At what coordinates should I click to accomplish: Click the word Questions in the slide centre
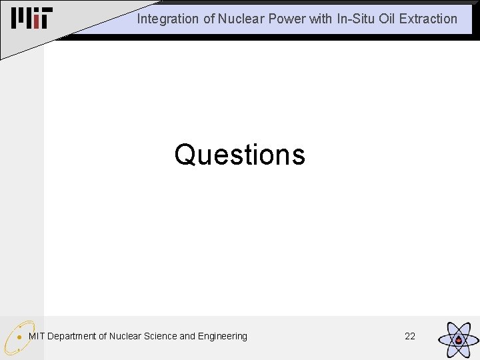[239, 155]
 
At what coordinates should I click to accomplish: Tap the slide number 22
[410, 336]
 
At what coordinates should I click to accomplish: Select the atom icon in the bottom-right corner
[458, 339]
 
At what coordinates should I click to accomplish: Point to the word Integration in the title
[167, 19]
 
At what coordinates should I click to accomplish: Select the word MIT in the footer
[37, 336]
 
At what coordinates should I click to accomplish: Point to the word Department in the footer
[72, 336]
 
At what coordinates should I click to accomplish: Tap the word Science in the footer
[161, 336]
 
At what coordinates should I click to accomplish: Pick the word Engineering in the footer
[223, 336]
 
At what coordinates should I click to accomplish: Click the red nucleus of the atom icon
[459, 340]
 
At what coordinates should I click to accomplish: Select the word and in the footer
[188, 336]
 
